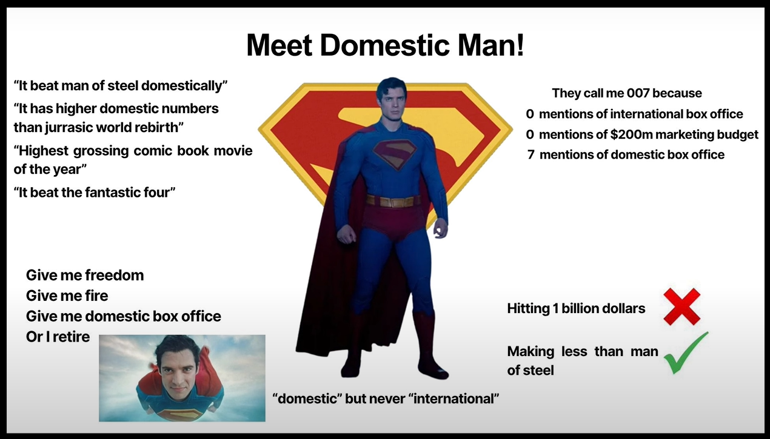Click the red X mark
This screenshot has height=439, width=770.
[681, 306]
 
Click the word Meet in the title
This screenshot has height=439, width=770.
[280, 45]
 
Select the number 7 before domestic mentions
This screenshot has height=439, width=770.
[531, 154]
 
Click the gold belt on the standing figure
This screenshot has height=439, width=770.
[393, 201]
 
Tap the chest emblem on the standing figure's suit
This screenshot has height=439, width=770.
[395, 154]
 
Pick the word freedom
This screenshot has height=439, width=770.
[114, 276]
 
